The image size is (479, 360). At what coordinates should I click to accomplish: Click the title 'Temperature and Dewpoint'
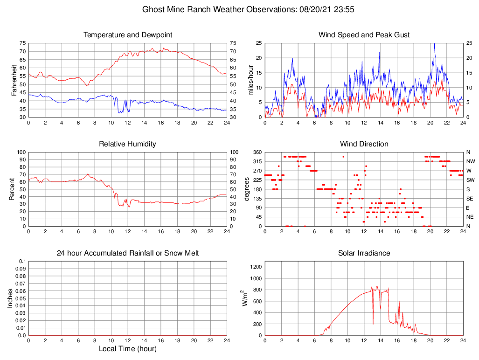click(127, 35)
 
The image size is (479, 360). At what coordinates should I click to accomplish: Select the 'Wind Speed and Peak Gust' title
click(364, 35)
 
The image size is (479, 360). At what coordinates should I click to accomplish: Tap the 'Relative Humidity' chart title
click(127, 144)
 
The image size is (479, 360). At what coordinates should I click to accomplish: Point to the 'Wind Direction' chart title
click(364, 144)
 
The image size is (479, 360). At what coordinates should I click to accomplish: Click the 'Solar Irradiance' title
click(364, 253)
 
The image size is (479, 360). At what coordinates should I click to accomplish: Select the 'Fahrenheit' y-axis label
click(14, 80)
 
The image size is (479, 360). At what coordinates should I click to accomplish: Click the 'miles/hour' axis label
click(250, 80)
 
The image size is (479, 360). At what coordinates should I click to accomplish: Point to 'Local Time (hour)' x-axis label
click(127, 349)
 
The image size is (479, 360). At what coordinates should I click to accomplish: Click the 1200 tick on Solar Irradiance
click(256, 267)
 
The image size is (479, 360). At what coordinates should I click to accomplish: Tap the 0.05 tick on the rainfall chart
click(20, 298)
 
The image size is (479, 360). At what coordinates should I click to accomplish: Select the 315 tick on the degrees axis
click(256, 161)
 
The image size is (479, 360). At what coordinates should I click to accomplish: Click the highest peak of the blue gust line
click(434, 44)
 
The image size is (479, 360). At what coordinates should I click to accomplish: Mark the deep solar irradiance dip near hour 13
click(373, 324)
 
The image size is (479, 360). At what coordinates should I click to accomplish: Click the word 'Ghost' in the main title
click(154, 9)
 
